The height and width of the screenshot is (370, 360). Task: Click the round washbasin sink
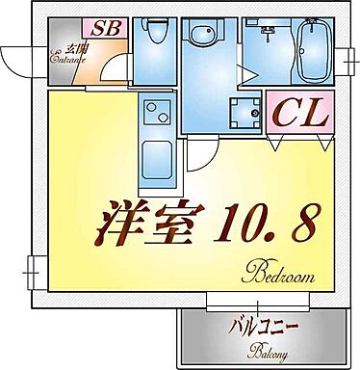[x=203, y=38]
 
